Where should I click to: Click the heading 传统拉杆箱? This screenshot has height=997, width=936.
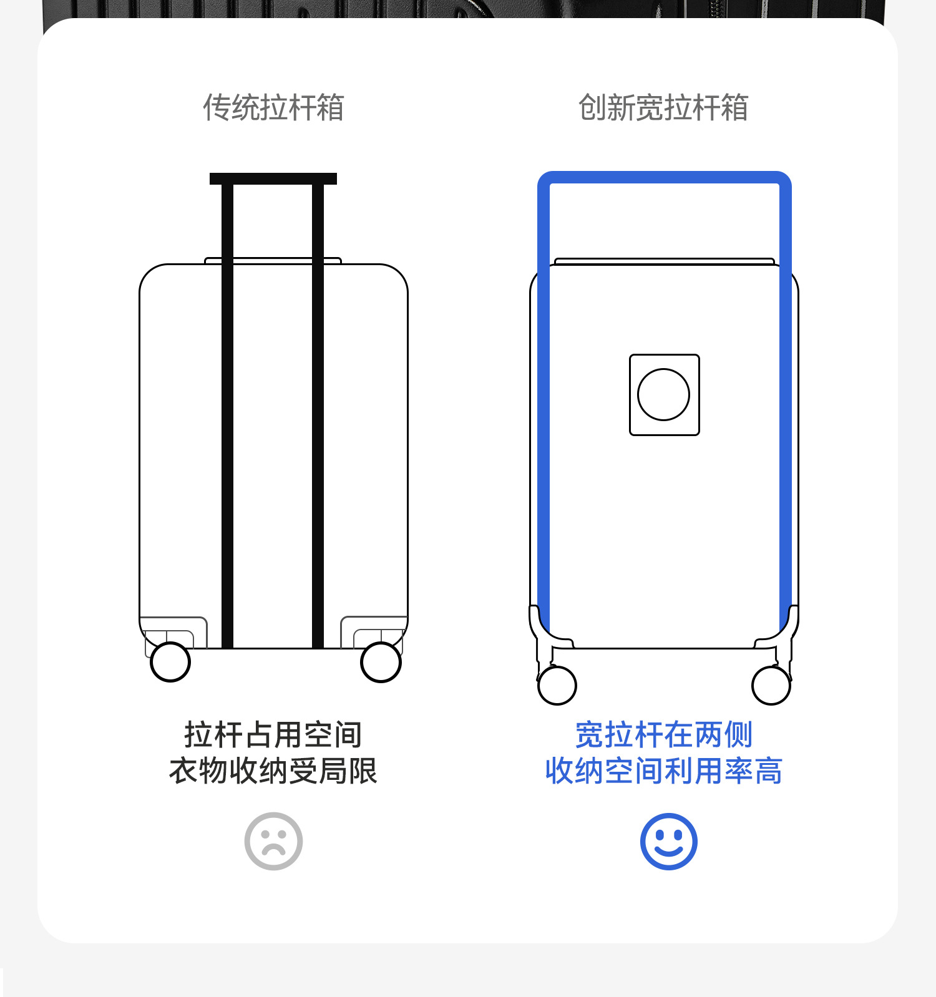(273, 107)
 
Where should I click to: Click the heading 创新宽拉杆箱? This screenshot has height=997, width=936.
(663, 107)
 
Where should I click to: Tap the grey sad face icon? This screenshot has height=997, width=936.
(273, 841)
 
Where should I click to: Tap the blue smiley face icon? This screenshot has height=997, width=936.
(668, 841)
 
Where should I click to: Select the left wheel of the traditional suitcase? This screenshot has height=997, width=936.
(170, 662)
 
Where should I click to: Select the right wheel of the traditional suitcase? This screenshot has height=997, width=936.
(381, 662)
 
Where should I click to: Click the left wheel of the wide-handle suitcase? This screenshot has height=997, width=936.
(557, 685)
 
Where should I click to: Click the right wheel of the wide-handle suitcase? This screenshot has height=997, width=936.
(771, 685)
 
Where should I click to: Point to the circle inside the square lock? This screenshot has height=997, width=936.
(664, 394)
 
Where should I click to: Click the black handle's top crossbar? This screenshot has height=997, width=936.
(273, 179)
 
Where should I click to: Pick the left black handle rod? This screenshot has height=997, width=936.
(228, 412)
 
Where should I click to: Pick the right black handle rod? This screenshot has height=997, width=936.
(318, 412)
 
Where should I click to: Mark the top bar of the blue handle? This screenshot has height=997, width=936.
(664, 177)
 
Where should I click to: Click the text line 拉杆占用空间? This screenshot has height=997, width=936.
(273, 734)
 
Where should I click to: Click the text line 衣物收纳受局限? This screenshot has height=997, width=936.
(273, 771)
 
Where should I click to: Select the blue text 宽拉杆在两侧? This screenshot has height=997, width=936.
(664, 734)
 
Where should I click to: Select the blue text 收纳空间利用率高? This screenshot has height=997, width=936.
(664, 771)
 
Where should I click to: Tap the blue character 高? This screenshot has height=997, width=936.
(769, 771)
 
